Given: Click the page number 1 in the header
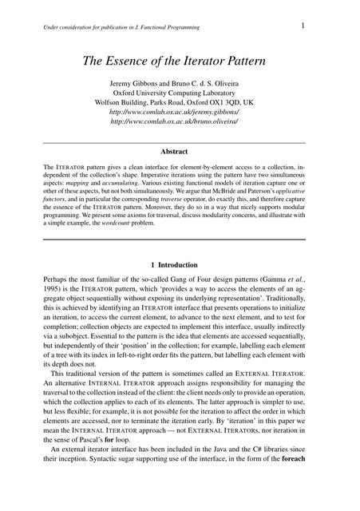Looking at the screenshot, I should tap(304, 26).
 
